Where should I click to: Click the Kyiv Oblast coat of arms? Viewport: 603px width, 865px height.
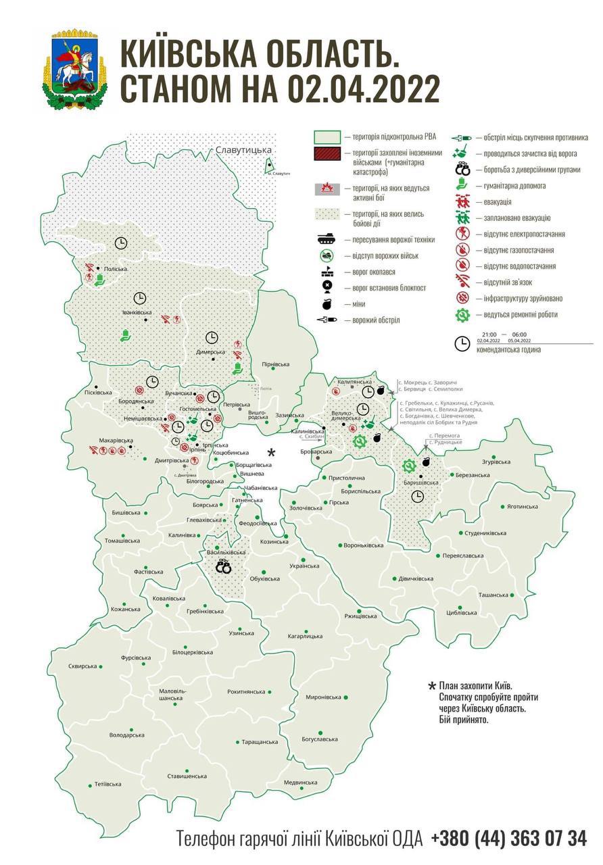tap(74, 69)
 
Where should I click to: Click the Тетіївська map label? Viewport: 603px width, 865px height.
tap(108, 784)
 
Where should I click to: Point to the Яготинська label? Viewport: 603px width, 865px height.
tap(523, 506)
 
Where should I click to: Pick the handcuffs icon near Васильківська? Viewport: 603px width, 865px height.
tap(223, 568)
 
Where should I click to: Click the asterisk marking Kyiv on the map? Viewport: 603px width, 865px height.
tap(272, 452)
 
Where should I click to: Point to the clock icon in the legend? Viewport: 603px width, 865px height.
tap(462, 343)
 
